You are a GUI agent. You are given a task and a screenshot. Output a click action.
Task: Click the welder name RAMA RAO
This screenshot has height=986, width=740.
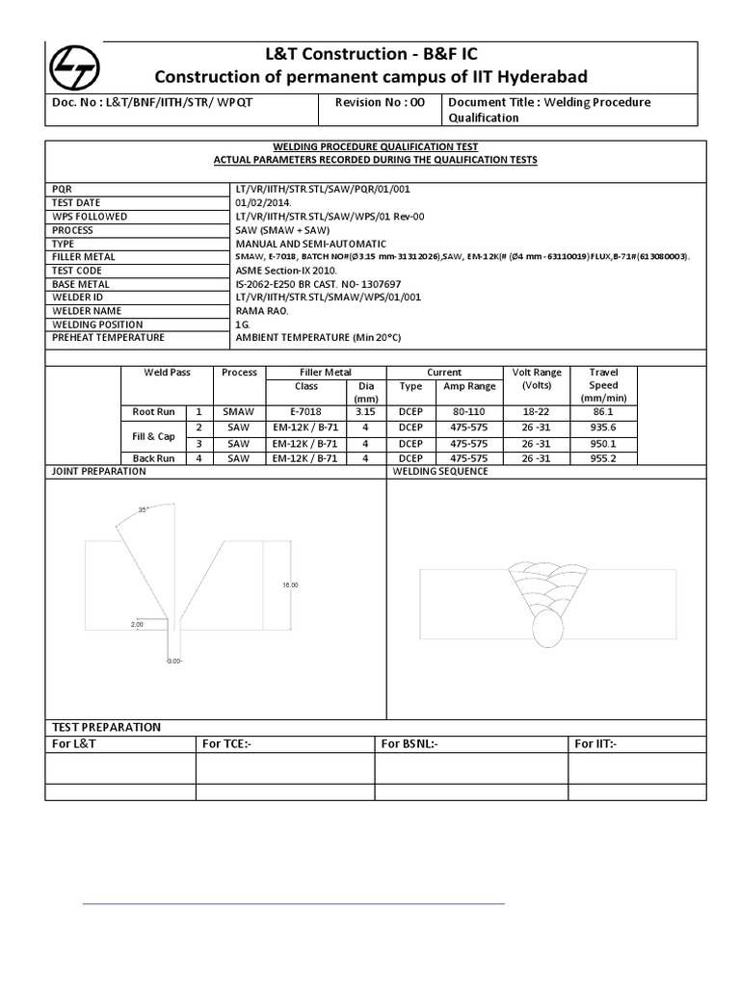[260, 311]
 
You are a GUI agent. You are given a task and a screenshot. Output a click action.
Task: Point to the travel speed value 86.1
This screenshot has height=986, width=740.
[603, 411]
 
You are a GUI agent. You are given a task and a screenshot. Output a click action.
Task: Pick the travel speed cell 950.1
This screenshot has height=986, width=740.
[603, 444]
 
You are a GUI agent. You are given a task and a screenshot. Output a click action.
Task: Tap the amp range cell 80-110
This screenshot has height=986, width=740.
[468, 411]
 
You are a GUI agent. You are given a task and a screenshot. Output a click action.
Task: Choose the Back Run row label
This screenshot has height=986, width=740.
[153, 458]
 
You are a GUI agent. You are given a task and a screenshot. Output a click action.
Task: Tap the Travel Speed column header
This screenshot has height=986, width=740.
[603, 385]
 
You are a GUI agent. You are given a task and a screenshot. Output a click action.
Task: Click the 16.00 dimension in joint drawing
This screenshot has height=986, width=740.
[290, 584]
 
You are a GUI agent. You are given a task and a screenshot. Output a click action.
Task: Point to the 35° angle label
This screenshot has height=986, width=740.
[143, 510]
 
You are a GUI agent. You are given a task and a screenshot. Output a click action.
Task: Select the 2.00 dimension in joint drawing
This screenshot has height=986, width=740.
[136, 625]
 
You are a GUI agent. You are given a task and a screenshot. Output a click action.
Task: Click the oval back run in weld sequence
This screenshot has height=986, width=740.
[546, 633]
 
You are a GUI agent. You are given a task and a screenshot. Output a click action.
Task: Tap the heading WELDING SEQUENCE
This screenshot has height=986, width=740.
[440, 471]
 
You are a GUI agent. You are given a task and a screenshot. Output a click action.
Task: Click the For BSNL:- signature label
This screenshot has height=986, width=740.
[410, 743]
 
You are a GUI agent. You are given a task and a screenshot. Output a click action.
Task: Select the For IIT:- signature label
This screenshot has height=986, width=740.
[595, 743]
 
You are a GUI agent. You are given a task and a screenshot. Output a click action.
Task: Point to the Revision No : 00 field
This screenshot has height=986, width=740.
[379, 102]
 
